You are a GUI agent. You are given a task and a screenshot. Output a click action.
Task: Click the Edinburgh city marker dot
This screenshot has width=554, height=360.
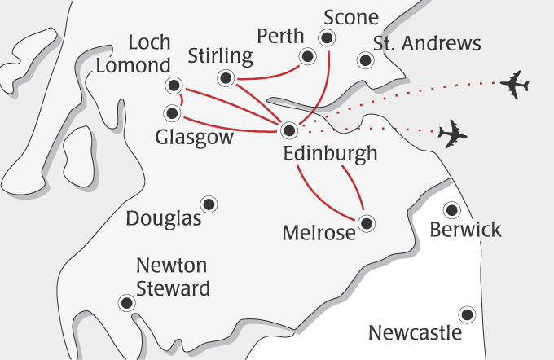(x=289, y=130)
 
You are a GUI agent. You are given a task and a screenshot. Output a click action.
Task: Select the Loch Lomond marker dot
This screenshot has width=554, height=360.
(x=173, y=85)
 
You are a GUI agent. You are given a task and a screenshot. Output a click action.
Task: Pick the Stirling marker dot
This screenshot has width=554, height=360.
(x=226, y=78)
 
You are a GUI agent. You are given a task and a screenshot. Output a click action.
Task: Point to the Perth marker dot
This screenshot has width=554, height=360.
(x=307, y=56)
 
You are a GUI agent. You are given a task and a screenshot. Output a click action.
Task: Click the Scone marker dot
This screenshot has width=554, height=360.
(x=327, y=37)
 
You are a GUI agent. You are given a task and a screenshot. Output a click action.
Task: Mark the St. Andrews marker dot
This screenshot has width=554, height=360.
(x=364, y=59)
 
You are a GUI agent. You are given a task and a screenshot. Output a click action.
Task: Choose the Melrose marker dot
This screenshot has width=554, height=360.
(x=366, y=222)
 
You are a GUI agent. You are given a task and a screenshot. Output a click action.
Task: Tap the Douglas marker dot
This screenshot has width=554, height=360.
(x=209, y=204)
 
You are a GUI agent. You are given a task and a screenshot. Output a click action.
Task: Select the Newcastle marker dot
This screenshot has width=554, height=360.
(x=467, y=314)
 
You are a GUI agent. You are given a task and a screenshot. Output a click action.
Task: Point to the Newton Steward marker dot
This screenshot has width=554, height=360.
(x=126, y=303)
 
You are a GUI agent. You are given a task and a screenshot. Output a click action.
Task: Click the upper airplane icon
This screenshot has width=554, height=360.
(x=515, y=84)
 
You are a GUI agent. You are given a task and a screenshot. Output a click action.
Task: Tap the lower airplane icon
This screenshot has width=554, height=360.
(x=452, y=134)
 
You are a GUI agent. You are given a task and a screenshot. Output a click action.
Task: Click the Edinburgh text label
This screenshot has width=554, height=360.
(x=330, y=154)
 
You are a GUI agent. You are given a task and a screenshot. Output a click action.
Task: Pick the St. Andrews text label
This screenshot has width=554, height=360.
(x=427, y=43)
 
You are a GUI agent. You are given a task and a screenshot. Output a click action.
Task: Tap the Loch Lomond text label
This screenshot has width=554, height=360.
(x=134, y=55)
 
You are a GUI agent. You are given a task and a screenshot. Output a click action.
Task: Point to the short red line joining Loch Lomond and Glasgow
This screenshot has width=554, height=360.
(x=181, y=99)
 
